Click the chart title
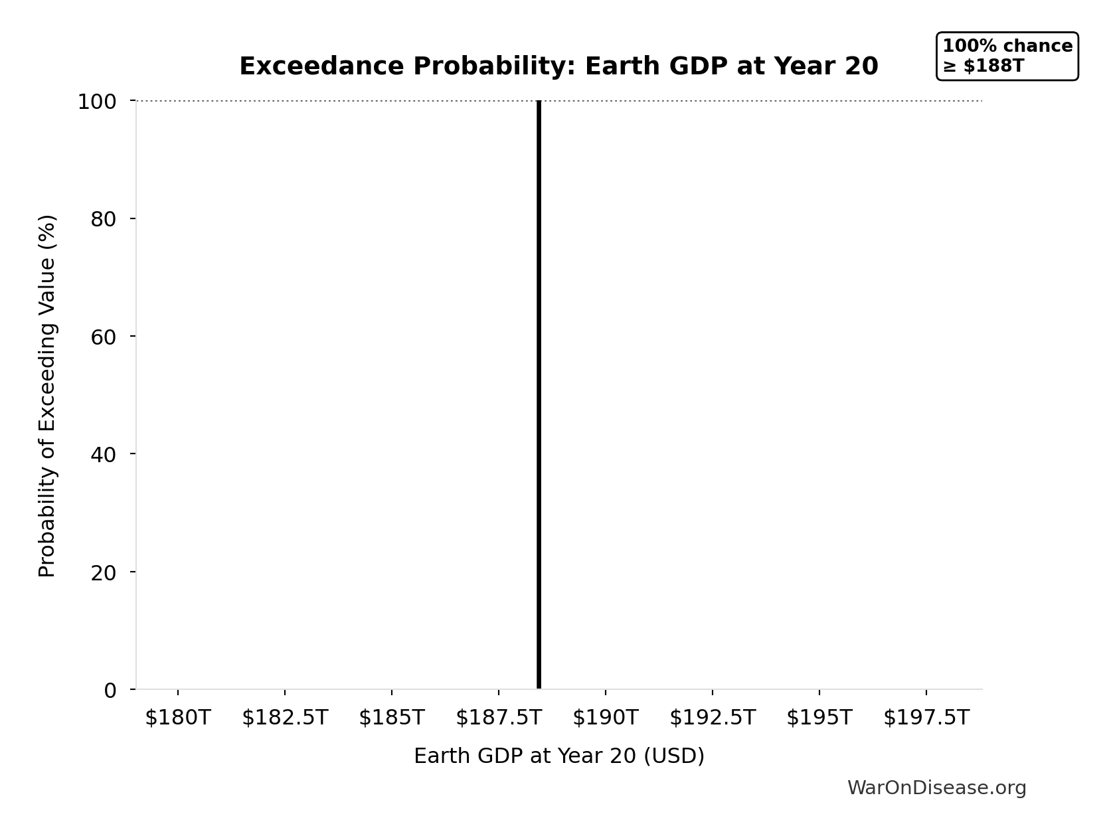(x=558, y=66)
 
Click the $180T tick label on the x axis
(x=178, y=718)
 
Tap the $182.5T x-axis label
(x=285, y=718)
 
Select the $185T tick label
(x=392, y=718)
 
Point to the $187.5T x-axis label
(x=499, y=718)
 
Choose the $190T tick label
(x=606, y=718)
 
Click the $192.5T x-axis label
(x=713, y=718)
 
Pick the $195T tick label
(x=819, y=718)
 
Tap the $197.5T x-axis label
(x=926, y=718)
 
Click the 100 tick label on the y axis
(x=97, y=102)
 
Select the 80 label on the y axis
(x=104, y=219)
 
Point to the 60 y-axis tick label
(x=104, y=337)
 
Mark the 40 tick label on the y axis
(x=104, y=454)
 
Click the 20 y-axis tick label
(x=104, y=572)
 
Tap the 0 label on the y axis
(x=110, y=691)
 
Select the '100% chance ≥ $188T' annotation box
(x=1007, y=56)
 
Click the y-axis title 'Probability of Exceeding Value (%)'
(x=47, y=396)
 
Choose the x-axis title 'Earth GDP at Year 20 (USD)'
(x=559, y=756)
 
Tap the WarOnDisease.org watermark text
(x=936, y=788)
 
